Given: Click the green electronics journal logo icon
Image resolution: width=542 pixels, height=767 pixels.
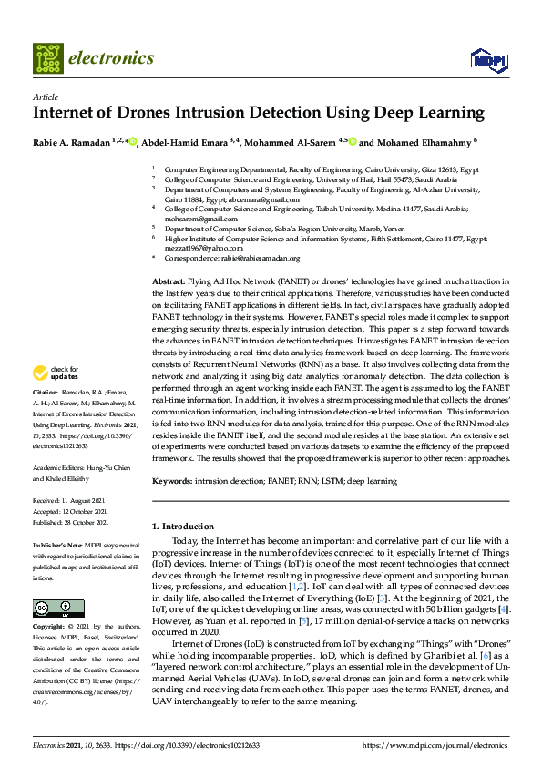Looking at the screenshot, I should pyautogui.click(x=48, y=57).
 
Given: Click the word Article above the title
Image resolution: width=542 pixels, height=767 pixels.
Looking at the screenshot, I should pyautogui.click(x=45, y=96).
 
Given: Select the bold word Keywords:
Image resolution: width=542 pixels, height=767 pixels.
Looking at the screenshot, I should pyautogui.click(x=173, y=479).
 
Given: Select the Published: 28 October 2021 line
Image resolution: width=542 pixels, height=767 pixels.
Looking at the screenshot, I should pyautogui.click(x=71, y=523).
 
